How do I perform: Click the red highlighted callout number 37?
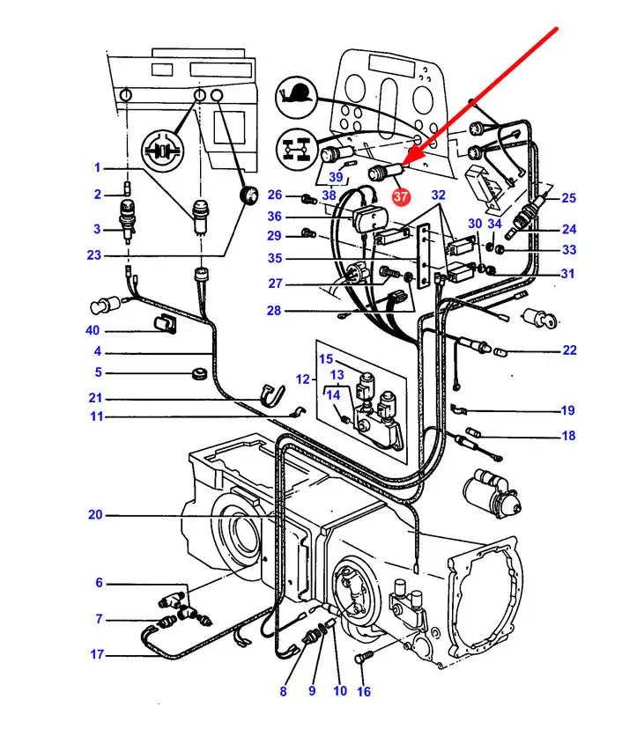(x=400, y=196)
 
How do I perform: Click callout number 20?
(x=95, y=514)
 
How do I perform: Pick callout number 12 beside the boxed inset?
(x=302, y=379)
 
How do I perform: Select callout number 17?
(x=97, y=654)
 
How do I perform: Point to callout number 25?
(x=569, y=197)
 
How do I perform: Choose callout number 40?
(x=93, y=330)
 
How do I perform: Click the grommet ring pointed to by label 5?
(x=199, y=373)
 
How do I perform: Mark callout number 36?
(x=275, y=216)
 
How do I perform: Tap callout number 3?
(x=97, y=229)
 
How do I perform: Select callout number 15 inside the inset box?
(x=326, y=358)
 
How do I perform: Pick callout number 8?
(x=283, y=691)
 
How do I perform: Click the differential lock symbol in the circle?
(x=162, y=151)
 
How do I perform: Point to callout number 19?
(x=568, y=410)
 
